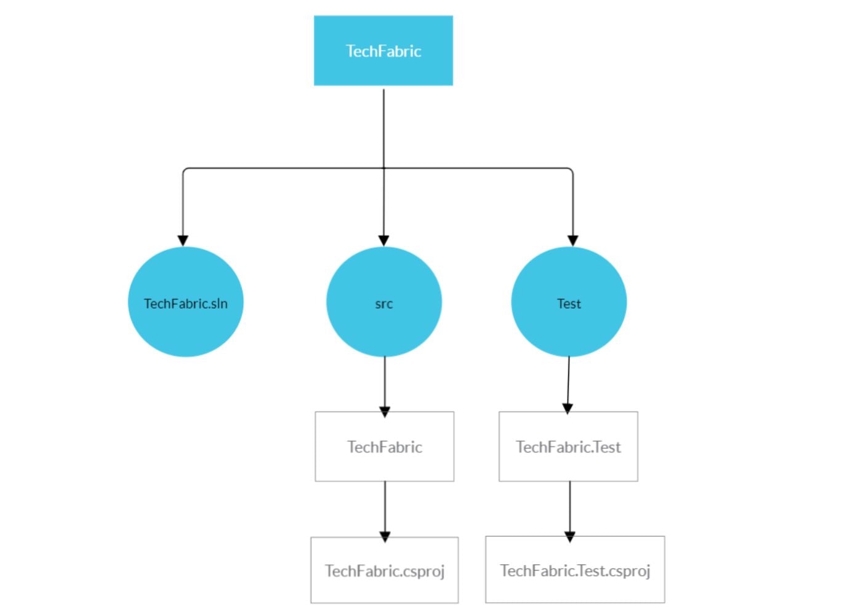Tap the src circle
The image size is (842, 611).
[383, 326]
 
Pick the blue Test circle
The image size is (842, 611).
[569, 326]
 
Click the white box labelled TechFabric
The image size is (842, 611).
[384, 464]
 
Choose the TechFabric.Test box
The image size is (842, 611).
[568, 464]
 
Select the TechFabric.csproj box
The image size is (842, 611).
[384, 587]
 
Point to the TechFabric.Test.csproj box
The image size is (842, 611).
[575, 587]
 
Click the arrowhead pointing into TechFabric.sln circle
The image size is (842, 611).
[183, 240]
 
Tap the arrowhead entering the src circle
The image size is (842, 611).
[383, 240]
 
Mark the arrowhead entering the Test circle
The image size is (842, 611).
[572, 240]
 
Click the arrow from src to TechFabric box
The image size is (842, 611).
[385, 384]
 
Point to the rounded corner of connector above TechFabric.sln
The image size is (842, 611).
[185, 170]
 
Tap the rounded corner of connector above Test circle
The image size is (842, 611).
[571, 170]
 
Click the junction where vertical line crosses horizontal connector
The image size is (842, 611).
[383, 168]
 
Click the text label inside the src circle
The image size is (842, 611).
[383, 304]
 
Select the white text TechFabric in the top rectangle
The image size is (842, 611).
[383, 51]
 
